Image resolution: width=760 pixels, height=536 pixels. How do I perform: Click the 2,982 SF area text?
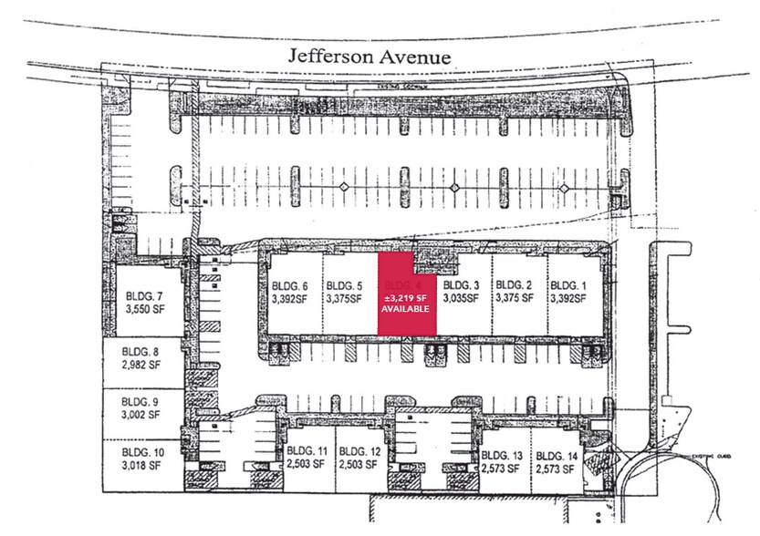click(x=141, y=366)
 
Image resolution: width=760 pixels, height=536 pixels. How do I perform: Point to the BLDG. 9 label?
click(x=141, y=400)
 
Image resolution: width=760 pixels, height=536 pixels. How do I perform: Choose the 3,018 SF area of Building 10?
click(x=141, y=465)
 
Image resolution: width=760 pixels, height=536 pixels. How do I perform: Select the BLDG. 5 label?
click(x=345, y=283)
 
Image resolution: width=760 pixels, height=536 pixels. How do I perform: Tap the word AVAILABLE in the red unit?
click(x=405, y=309)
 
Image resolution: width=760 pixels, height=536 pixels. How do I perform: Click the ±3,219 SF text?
click(x=405, y=296)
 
